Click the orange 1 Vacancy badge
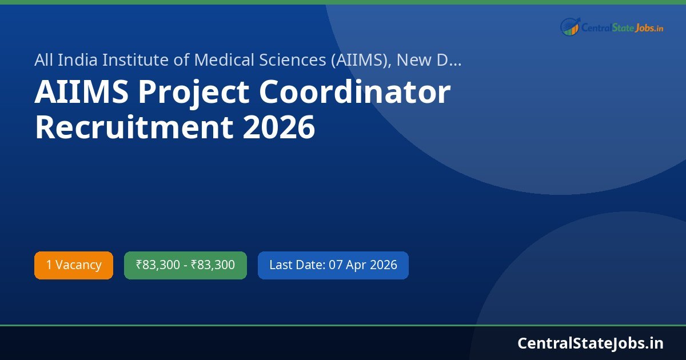[74, 265]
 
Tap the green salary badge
[185, 265]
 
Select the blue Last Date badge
[333, 265]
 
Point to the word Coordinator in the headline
[355, 92]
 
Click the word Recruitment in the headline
[134, 127]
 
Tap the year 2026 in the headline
[279, 127]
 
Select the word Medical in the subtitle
[221, 59]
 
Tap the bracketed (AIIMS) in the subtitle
[359, 60]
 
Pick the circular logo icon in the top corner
[569, 27]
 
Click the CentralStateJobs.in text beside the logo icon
[622, 27]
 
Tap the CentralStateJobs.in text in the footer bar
[591, 343]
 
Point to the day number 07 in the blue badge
[336, 265]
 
